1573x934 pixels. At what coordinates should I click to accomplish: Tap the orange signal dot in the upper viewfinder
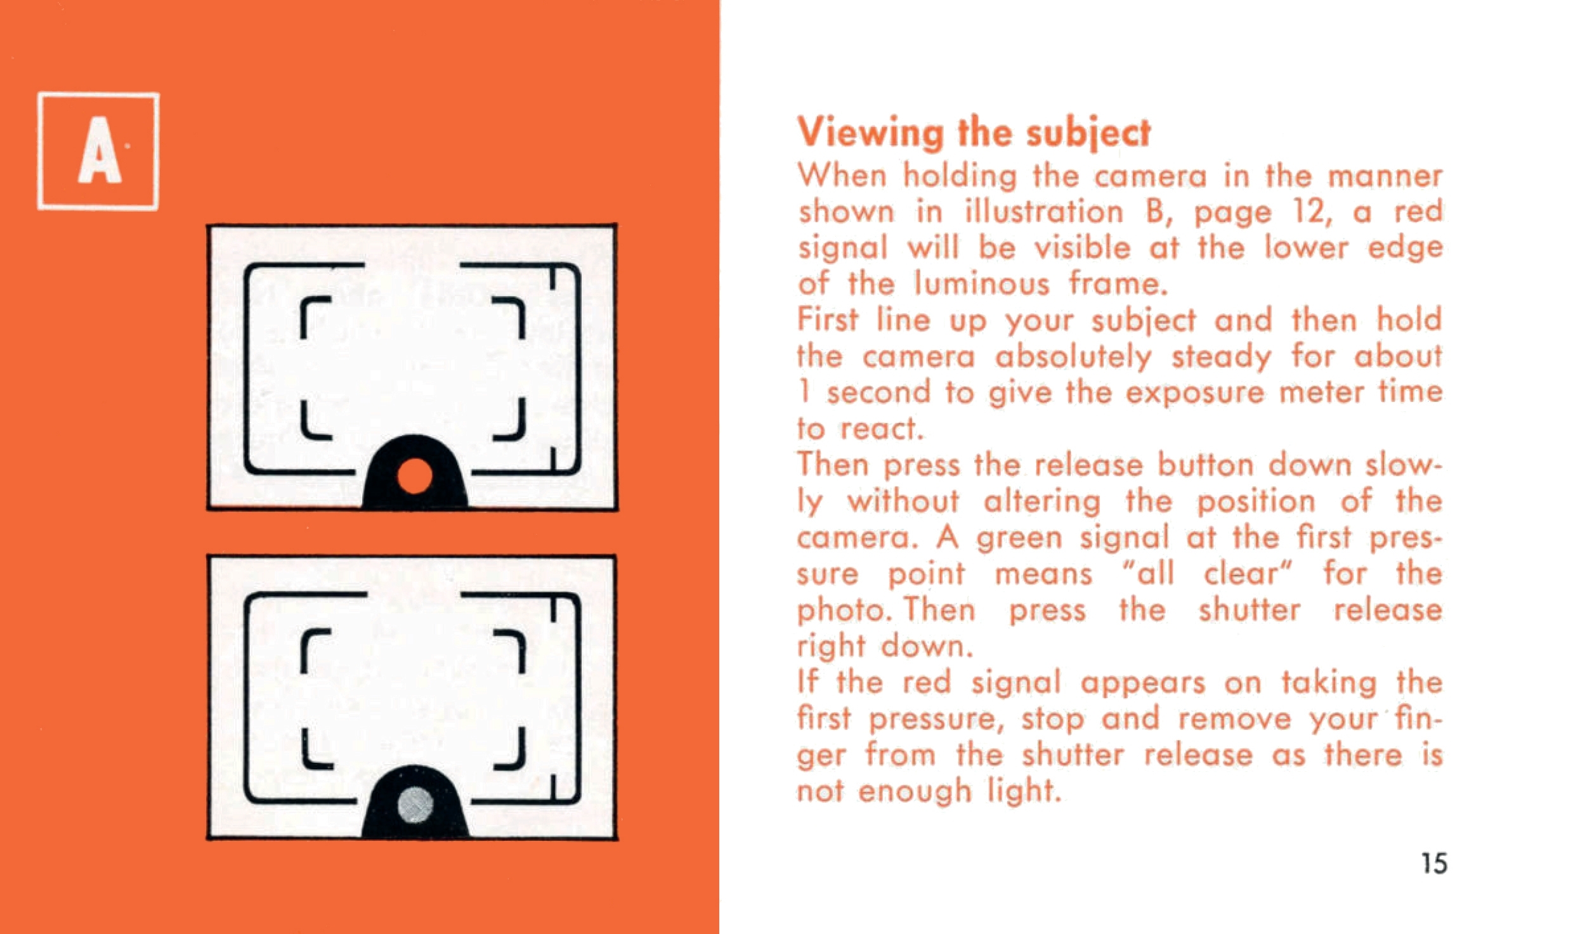pos(415,476)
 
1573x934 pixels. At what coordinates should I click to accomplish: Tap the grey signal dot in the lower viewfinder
pos(415,805)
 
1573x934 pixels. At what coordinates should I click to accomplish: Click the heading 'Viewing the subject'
pos(974,134)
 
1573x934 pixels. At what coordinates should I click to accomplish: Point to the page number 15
pos(1434,864)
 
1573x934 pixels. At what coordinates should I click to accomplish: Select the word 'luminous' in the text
pos(982,283)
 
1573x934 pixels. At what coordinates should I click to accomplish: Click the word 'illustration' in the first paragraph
pos(1043,211)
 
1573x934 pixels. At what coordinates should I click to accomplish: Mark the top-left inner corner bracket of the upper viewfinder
pos(315,316)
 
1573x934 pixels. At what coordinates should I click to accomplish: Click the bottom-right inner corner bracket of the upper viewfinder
pos(511,419)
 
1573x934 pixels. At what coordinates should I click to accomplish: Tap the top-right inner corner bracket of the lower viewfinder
pos(511,651)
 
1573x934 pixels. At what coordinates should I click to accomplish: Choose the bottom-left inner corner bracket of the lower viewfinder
pos(316,749)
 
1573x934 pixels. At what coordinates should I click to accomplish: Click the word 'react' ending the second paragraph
pos(878,430)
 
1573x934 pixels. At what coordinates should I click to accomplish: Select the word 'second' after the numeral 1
pos(878,393)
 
